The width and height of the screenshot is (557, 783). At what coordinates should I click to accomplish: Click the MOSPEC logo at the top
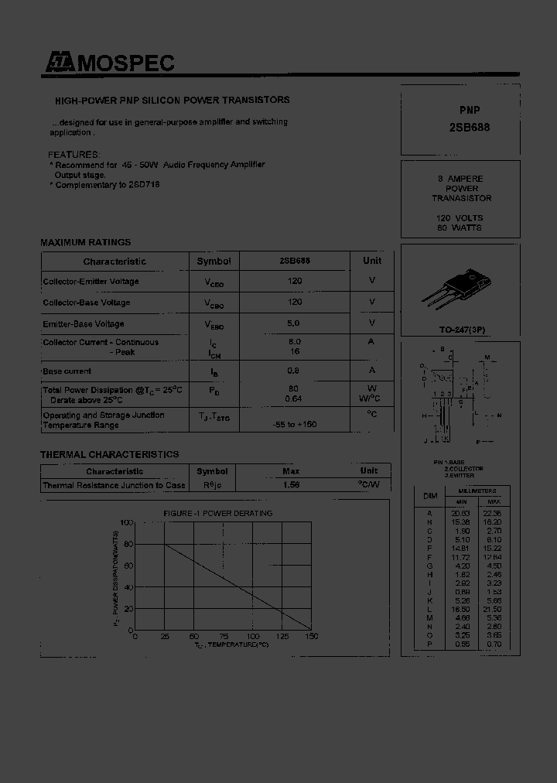(108, 63)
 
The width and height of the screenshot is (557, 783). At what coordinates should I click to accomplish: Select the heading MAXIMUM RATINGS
(86, 242)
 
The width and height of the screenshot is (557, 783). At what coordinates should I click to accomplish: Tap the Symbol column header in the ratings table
(214, 262)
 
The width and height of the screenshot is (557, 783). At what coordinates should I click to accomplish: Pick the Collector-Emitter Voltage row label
(91, 282)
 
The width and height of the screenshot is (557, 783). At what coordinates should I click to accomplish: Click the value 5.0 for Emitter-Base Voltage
(295, 323)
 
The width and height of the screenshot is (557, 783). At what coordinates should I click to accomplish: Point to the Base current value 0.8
(295, 371)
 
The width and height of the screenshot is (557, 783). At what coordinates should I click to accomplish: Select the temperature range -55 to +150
(295, 425)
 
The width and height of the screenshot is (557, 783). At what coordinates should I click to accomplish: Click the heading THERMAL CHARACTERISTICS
(109, 454)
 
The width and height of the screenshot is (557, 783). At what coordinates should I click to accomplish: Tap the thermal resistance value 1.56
(291, 485)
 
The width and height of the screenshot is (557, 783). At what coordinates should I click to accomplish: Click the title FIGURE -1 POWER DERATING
(217, 513)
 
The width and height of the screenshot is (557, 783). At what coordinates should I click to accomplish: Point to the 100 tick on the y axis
(127, 524)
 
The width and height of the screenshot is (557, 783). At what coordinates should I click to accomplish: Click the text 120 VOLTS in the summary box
(460, 219)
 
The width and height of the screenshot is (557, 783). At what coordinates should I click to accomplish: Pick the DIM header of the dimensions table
(430, 495)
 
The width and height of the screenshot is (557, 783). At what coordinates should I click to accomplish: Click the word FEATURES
(74, 155)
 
